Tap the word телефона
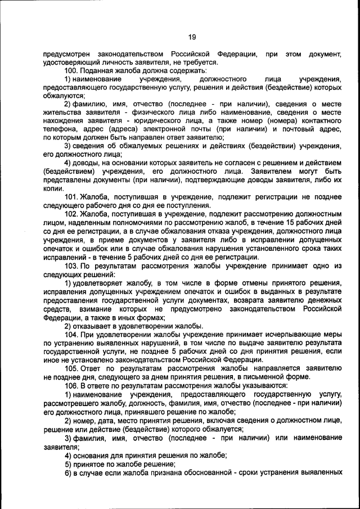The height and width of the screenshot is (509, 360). (x=58, y=128)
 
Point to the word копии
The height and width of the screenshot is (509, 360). (x=53, y=188)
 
